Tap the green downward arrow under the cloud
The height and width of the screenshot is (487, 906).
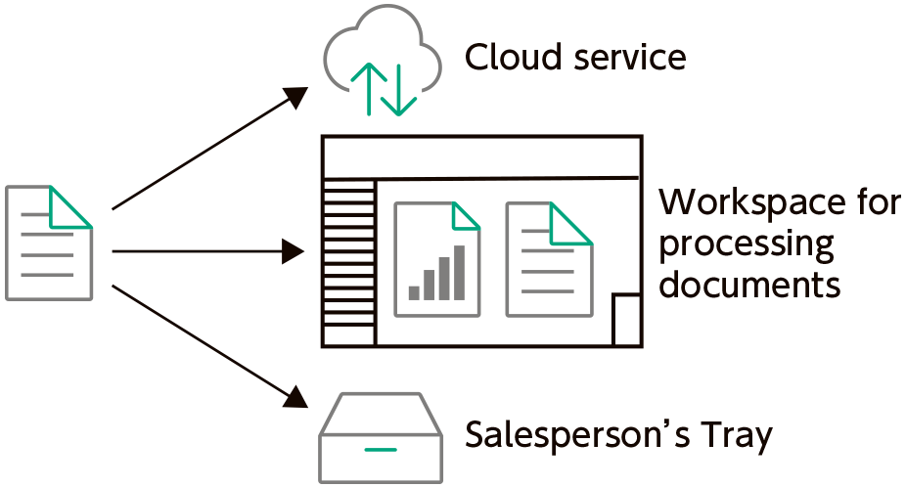[x=400, y=91]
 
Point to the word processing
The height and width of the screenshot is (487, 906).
[x=747, y=243]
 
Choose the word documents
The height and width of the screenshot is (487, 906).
[x=749, y=285]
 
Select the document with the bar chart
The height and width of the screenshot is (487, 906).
[x=437, y=259]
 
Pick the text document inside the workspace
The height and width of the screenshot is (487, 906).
[x=549, y=259]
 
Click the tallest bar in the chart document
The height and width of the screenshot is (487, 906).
[x=459, y=273]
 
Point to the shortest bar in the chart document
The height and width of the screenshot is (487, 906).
[x=413, y=291]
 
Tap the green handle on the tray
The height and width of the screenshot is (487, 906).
[x=380, y=451]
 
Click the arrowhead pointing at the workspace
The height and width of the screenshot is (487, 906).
[x=295, y=252]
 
